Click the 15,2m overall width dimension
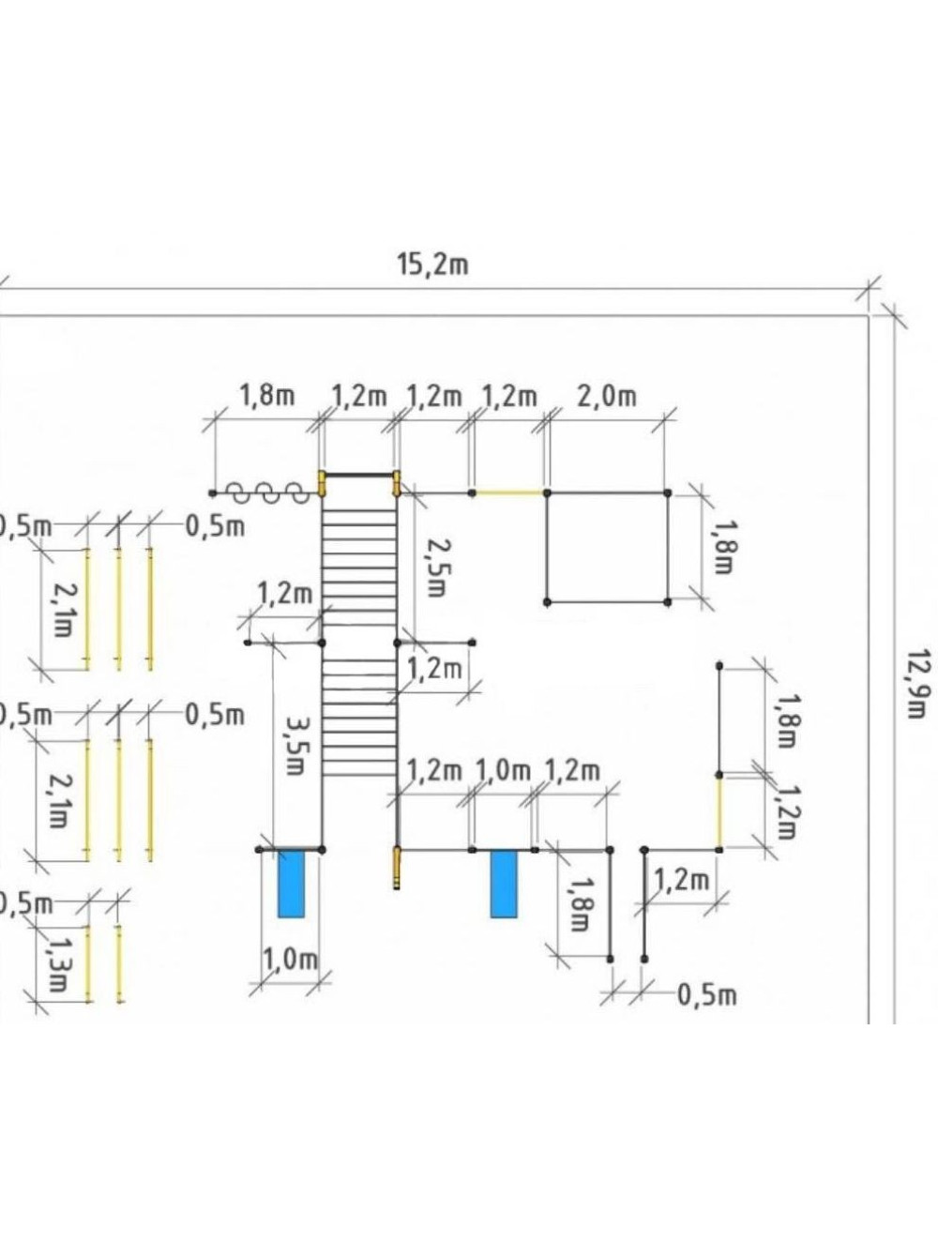(432, 265)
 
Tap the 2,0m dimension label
(606, 396)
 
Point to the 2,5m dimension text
(432, 567)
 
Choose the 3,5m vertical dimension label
(296, 746)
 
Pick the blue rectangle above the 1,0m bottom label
(291, 883)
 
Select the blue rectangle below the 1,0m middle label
(504, 883)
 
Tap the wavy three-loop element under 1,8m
(271, 492)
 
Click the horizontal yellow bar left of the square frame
(509, 492)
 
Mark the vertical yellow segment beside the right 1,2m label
(719, 812)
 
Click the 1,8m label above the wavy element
(268, 396)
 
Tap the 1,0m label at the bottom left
(290, 959)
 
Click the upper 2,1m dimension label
(62, 609)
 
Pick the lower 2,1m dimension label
(59, 800)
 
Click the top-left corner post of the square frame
(548, 492)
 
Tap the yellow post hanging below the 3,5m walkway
(398, 868)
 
